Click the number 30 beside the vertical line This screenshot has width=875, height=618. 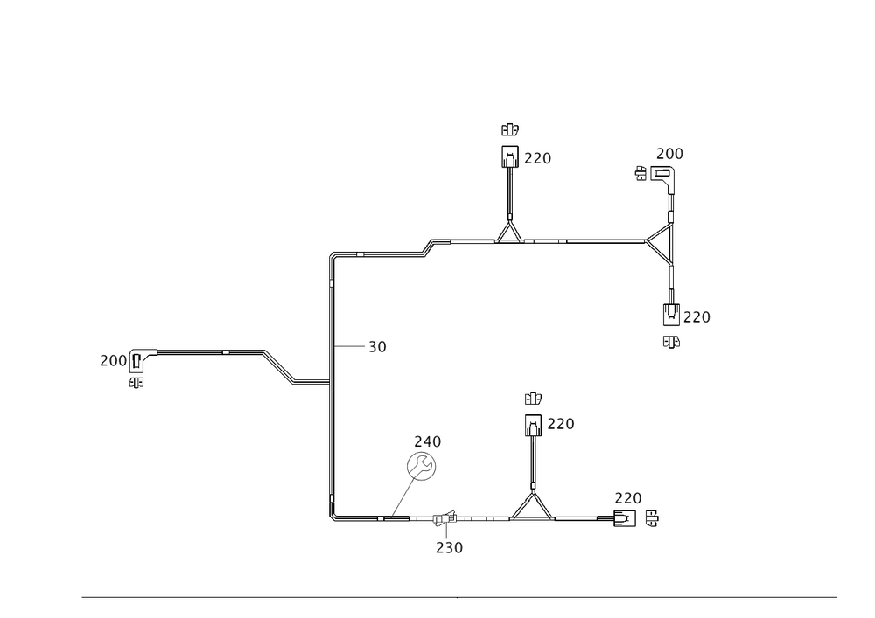(377, 347)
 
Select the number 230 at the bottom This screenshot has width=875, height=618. (450, 548)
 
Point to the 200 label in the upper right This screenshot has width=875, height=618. (669, 155)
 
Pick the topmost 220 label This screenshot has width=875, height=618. (538, 159)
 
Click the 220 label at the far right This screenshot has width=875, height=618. (696, 316)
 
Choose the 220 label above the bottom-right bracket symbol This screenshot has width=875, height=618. (628, 498)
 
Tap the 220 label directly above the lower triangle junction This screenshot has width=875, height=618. (560, 425)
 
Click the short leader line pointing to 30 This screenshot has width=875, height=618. (350, 347)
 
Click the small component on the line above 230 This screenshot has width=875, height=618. (443, 522)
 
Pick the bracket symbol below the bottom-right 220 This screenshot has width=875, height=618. (636, 522)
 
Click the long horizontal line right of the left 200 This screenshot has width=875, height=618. (189, 349)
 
